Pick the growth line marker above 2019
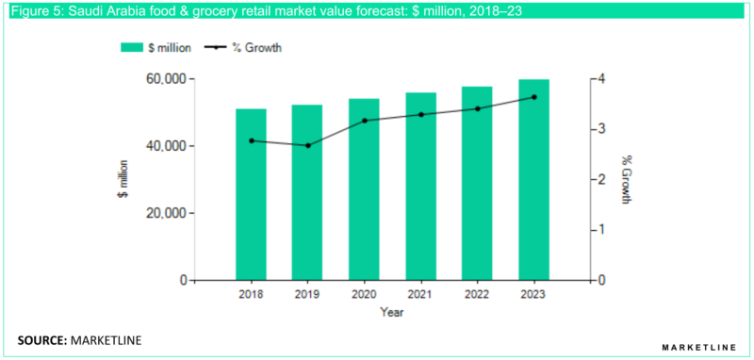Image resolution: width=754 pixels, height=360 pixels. coord(307,145)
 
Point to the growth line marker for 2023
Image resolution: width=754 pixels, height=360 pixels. coord(533,97)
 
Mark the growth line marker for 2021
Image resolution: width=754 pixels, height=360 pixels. coord(420,115)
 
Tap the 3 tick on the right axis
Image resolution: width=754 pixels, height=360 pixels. coord(602,129)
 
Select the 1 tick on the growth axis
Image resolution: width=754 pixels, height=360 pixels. coord(602,230)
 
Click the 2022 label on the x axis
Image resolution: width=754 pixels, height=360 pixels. coord(477,295)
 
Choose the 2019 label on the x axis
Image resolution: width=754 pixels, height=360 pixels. coord(307,295)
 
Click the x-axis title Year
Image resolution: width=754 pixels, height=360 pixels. coord(392,311)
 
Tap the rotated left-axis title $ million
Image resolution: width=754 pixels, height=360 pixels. coord(123,179)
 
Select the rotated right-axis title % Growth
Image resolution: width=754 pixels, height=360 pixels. coord(625,179)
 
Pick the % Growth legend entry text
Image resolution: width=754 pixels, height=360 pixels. coord(256,47)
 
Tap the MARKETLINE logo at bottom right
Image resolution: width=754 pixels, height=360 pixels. coord(698,348)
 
